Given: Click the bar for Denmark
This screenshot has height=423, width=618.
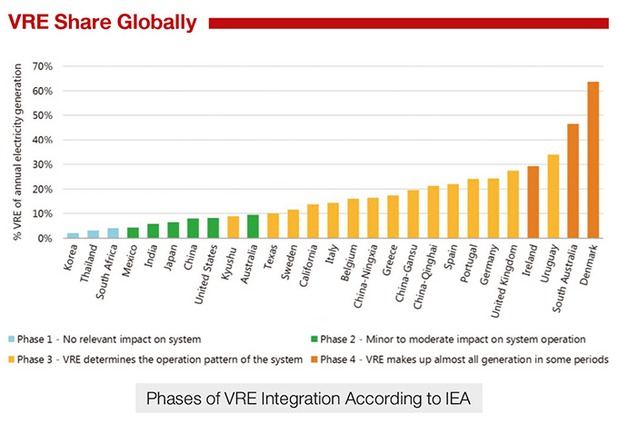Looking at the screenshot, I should (593, 160).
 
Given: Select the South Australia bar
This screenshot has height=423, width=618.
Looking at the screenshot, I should (573, 181).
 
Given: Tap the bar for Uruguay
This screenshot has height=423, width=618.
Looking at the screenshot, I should (553, 196).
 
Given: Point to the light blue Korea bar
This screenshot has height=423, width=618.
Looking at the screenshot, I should (73, 235).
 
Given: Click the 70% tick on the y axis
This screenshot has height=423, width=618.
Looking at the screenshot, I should (42, 66).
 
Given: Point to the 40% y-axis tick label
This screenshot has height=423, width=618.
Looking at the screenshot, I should (42, 140).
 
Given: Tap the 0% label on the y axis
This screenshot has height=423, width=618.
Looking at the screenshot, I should (45, 238).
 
